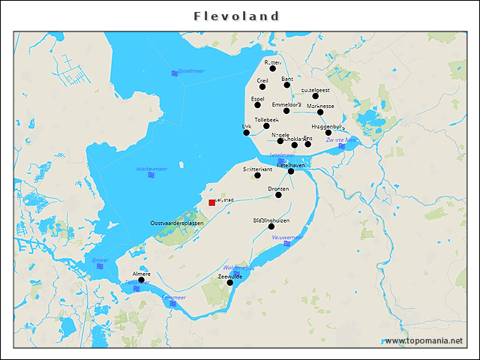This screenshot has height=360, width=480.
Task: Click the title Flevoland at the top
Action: [x=236, y=16]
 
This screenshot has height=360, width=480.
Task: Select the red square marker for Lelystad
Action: [x=211, y=202]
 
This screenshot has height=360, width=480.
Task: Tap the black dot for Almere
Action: [x=141, y=280]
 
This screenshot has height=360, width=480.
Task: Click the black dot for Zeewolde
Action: [x=230, y=283]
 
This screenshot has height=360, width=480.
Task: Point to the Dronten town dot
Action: [x=278, y=195]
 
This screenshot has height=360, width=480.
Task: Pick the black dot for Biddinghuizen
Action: [x=271, y=226]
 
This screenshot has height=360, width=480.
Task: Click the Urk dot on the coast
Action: [x=247, y=133]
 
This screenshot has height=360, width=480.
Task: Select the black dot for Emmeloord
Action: [x=286, y=111]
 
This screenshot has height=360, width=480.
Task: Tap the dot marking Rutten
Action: [x=273, y=68]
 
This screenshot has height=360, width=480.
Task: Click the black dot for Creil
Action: [x=262, y=86]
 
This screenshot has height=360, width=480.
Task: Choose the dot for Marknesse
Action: [x=320, y=112]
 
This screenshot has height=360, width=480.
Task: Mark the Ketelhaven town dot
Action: [x=291, y=171]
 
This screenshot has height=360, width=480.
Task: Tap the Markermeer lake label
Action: [x=151, y=169]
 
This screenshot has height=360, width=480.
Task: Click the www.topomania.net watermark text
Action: [x=424, y=341]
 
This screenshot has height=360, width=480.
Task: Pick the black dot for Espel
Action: [x=257, y=105]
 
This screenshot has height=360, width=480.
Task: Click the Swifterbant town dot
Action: [x=257, y=175]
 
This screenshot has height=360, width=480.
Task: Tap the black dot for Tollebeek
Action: [x=266, y=126]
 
